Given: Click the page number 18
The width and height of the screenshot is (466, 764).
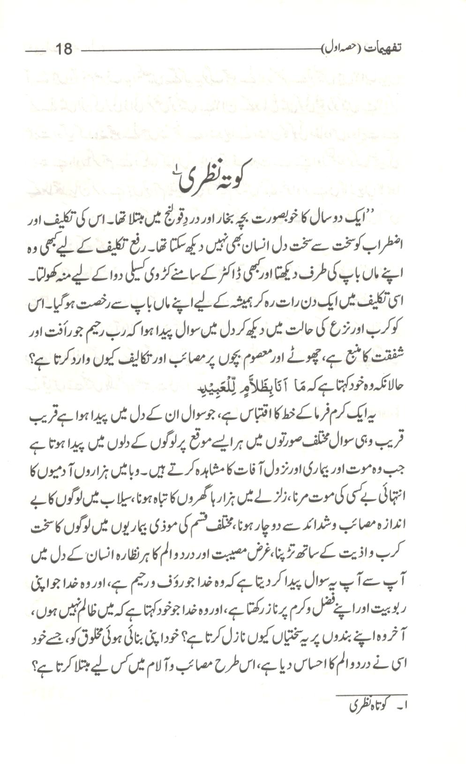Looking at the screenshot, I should tap(63, 48).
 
